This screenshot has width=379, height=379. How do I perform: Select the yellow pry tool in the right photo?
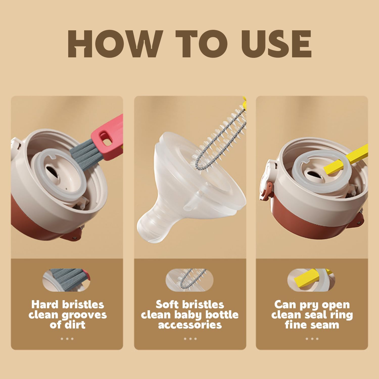[349, 159]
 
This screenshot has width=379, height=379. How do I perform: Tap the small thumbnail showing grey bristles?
[66, 280]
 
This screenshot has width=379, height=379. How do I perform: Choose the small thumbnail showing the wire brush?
[189, 280]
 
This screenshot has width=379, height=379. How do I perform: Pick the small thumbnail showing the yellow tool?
[311, 280]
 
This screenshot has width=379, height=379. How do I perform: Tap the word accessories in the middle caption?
[190, 325]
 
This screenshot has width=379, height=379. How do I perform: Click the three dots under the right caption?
[312, 339]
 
